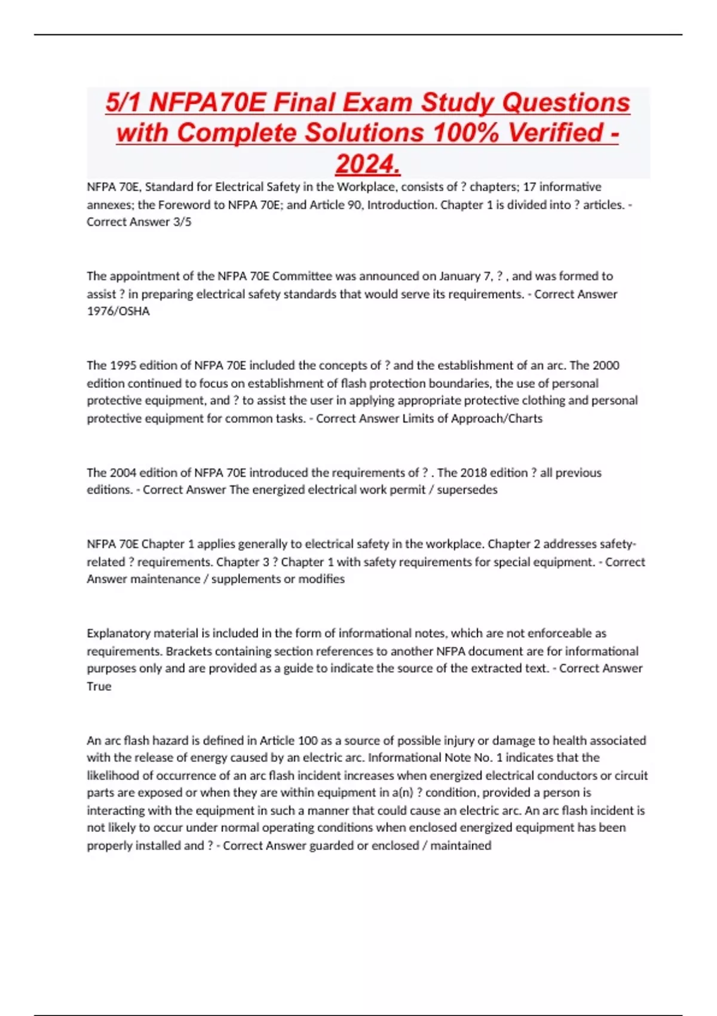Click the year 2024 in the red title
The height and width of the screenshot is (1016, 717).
point(367,164)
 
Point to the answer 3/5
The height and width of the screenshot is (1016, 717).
point(182,222)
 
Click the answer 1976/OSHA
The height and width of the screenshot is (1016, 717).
point(118,311)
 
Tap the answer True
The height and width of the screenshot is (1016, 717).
point(99,686)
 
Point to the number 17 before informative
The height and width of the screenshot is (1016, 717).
point(529,186)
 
